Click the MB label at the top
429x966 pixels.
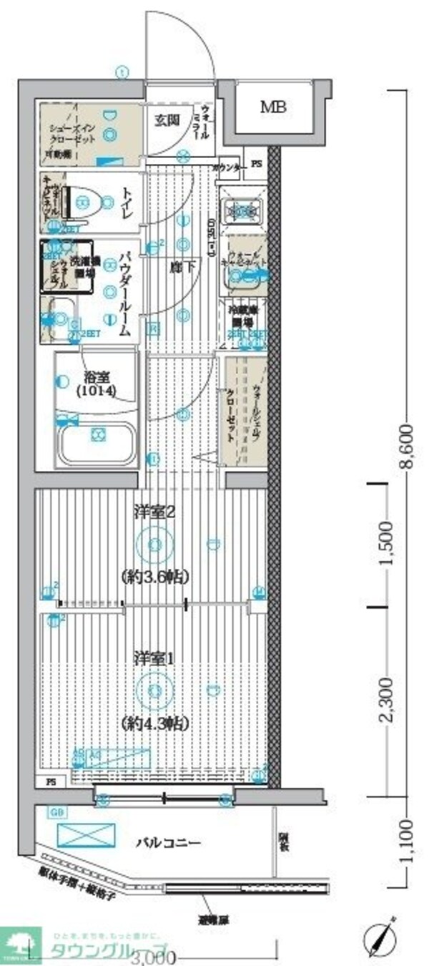(x=273, y=108)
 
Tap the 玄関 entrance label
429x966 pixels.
(x=167, y=119)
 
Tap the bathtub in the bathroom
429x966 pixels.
(x=98, y=441)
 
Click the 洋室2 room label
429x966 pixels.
(x=155, y=512)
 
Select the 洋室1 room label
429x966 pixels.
(x=155, y=658)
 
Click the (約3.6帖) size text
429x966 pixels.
(x=155, y=576)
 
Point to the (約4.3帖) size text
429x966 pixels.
(x=155, y=723)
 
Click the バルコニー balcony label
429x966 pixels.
(x=168, y=843)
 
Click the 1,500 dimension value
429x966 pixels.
(x=387, y=547)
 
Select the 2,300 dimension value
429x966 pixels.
(x=387, y=701)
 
